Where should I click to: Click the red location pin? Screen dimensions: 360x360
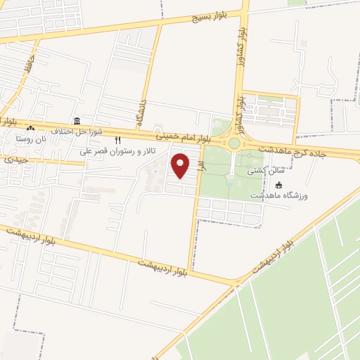[181, 166]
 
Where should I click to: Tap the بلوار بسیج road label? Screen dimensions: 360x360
[205, 16]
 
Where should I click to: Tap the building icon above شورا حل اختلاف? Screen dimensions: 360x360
[77, 121]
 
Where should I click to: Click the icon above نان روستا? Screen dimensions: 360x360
[30, 129]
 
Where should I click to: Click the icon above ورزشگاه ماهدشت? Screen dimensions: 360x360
[279, 185]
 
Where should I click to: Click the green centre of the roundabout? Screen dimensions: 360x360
[234, 143]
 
